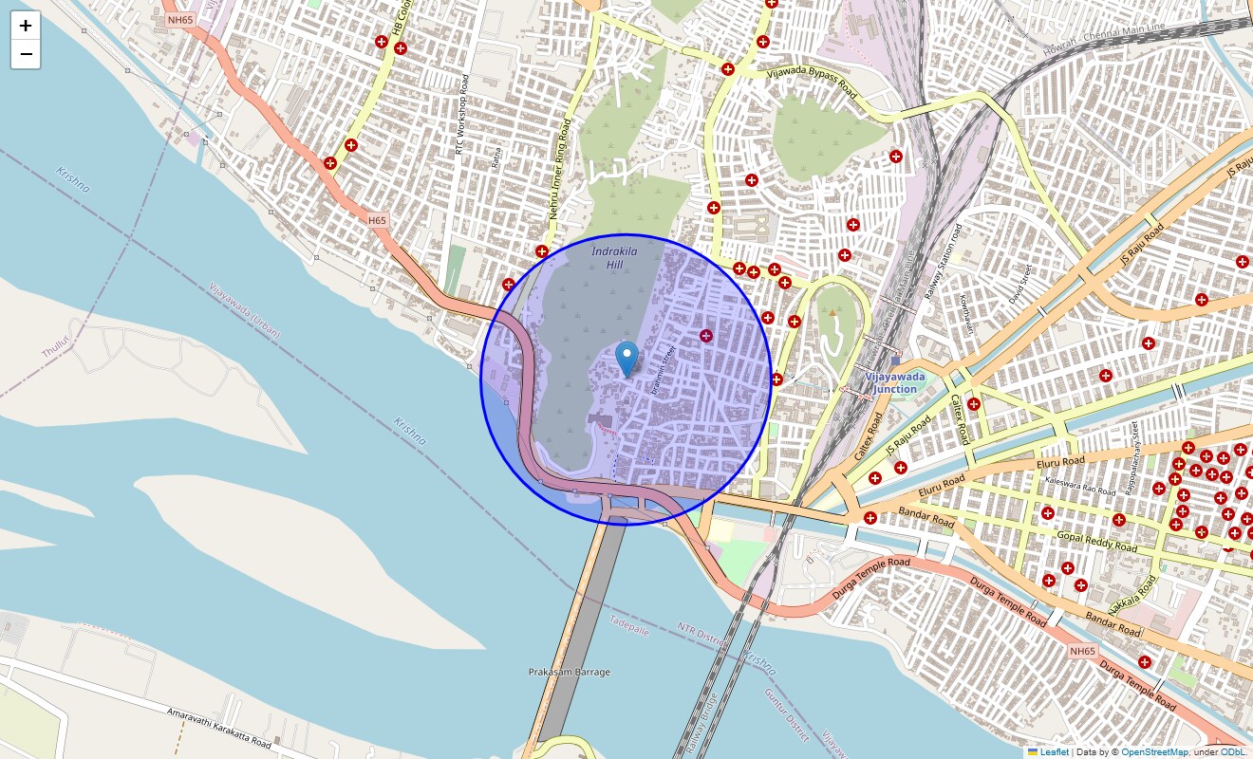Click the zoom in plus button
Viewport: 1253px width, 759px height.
point(26,26)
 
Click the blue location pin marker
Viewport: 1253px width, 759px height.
point(626,359)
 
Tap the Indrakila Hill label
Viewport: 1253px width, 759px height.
point(614,257)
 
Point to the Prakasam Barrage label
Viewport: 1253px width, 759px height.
point(569,672)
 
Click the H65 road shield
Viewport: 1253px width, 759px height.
point(377,220)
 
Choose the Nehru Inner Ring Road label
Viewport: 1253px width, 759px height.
point(560,170)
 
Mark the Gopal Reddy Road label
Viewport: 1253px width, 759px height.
point(1096,542)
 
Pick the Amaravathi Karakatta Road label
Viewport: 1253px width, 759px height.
point(219,725)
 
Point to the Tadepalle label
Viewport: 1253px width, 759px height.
point(628,623)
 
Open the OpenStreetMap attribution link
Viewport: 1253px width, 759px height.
point(1153,751)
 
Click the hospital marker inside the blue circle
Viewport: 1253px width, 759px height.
point(705,335)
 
